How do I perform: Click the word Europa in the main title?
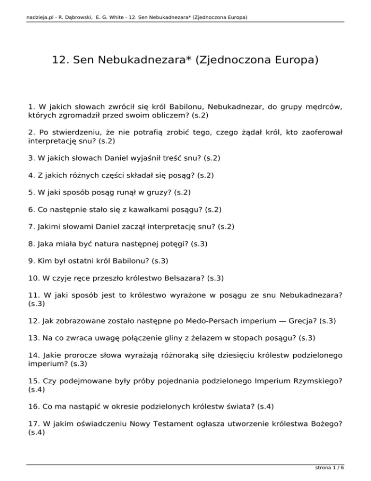(289, 61)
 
